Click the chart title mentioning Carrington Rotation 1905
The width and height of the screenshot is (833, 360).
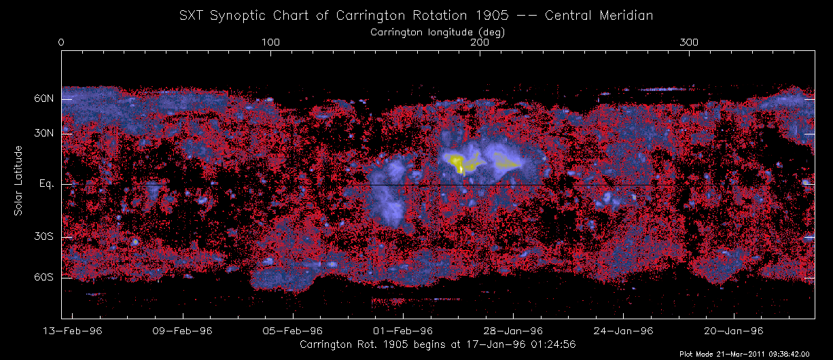click(x=416, y=16)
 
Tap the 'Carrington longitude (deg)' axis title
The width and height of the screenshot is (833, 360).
click(x=438, y=31)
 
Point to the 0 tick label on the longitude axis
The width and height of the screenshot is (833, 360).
click(x=62, y=42)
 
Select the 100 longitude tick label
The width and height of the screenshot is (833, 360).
click(x=270, y=42)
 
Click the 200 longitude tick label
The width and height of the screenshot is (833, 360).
click(x=480, y=42)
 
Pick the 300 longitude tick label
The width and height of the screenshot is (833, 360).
click(x=690, y=42)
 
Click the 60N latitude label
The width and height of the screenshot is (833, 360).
click(x=44, y=99)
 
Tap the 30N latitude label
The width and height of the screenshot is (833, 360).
click(x=44, y=134)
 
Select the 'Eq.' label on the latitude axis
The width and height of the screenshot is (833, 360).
click(x=46, y=185)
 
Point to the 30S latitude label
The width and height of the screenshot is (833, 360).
click(x=44, y=237)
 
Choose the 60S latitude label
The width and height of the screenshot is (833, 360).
click(x=44, y=278)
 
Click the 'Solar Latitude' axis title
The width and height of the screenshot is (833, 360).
click(x=19, y=181)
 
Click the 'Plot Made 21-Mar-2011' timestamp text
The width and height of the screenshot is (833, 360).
click(x=755, y=354)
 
